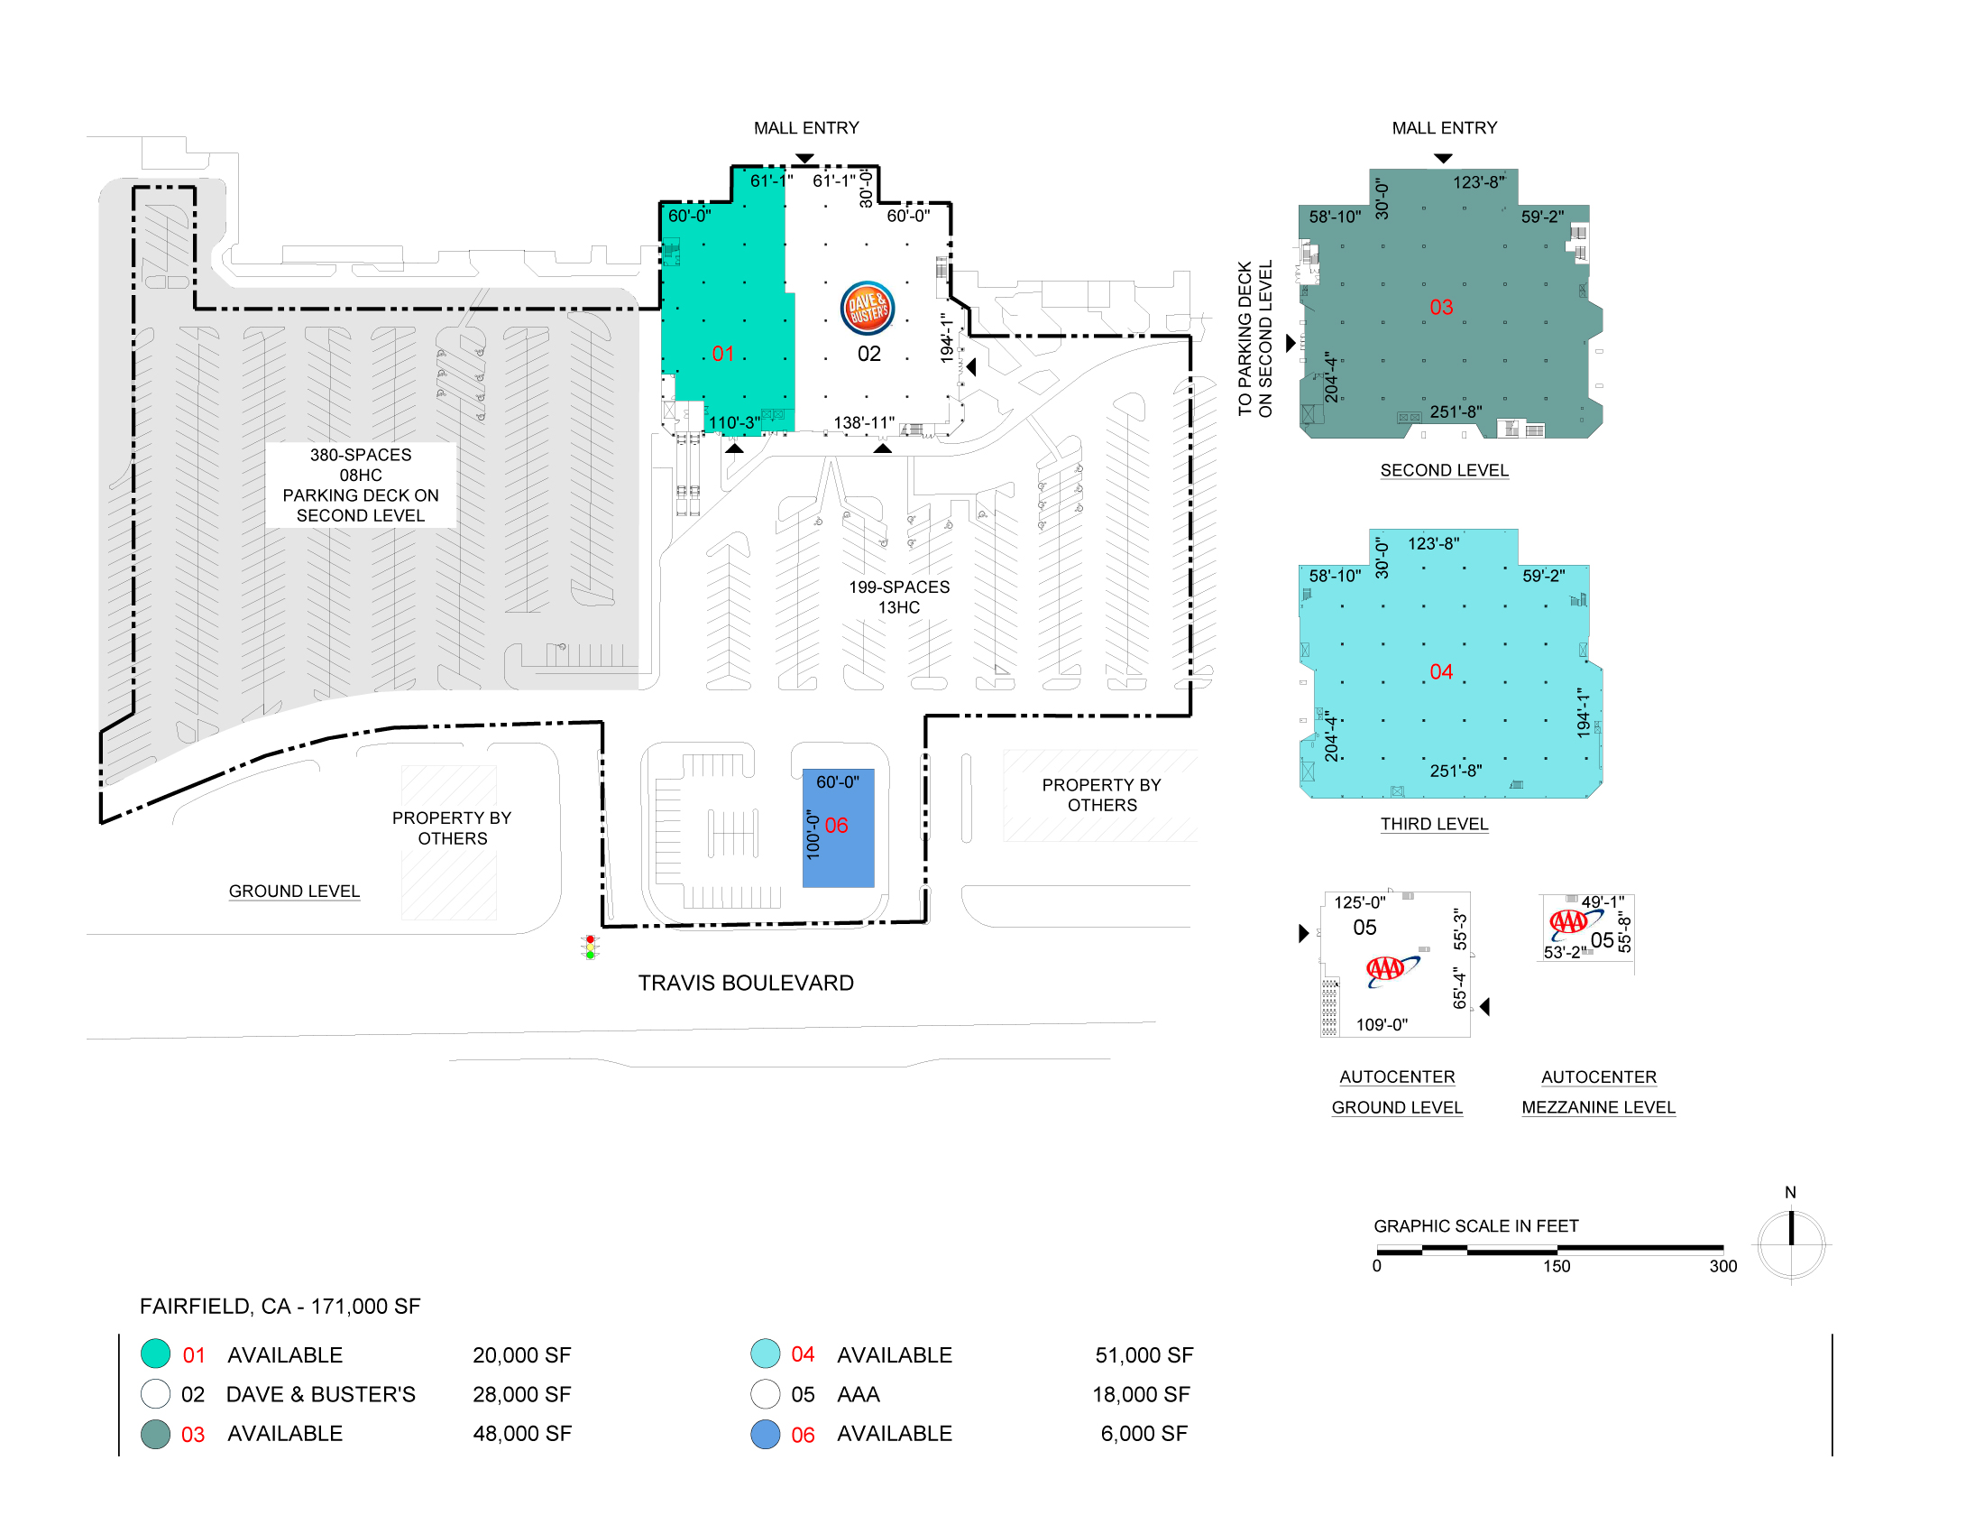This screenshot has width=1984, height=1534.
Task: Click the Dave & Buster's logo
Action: (x=868, y=308)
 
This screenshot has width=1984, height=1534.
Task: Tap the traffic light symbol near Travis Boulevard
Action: (x=591, y=947)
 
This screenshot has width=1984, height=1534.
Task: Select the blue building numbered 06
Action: (x=838, y=827)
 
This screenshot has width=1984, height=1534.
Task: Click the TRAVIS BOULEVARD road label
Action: (x=746, y=984)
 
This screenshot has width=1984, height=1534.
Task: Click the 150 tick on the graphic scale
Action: (x=1557, y=1266)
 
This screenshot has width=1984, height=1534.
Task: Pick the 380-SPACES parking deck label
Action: (x=361, y=485)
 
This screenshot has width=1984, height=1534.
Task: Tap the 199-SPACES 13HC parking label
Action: (x=899, y=597)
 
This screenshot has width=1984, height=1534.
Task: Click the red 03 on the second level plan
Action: (x=1441, y=307)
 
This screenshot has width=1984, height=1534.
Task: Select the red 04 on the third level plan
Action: (x=1441, y=671)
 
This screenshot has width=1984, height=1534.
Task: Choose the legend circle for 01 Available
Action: (x=155, y=1354)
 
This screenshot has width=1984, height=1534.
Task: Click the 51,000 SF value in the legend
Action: (x=1144, y=1355)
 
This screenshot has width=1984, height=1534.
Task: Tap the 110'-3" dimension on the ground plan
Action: (x=734, y=422)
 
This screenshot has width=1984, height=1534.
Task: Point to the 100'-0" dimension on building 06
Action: (x=813, y=835)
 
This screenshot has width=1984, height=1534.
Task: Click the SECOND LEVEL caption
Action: (x=1445, y=470)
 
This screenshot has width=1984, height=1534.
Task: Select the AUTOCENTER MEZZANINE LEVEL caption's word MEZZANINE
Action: (x=1598, y=1107)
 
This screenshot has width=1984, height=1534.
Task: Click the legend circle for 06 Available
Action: (x=766, y=1434)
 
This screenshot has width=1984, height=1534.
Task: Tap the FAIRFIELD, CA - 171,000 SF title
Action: (x=280, y=1306)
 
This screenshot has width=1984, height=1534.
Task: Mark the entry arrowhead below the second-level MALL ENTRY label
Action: (x=1443, y=158)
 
